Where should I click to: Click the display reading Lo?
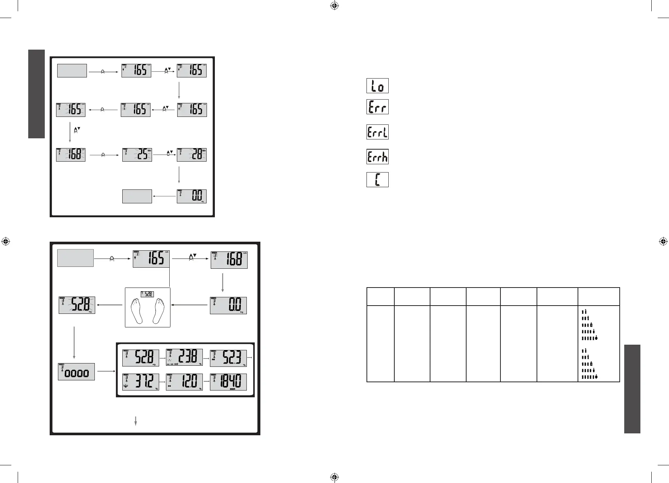coord(377,86)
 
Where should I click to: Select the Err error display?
coord(377,107)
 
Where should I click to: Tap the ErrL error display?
coord(377,132)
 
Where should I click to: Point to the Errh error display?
coord(377,156)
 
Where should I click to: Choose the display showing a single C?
coord(377,180)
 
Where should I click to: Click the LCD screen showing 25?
coord(137,155)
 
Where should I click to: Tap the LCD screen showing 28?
coord(192,155)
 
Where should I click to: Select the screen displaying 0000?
coord(76,372)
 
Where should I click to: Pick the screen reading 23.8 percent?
coord(184,358)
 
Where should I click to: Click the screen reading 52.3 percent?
coord(228,358)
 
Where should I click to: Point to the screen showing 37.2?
coord(140,382)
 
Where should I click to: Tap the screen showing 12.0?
coord(184,382)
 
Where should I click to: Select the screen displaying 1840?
coord(228,382)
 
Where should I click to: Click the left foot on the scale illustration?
coord(137,310)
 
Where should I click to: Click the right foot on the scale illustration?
coord(158,310)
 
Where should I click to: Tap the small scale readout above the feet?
coord(147,294)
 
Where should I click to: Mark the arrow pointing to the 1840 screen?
coord(206,382)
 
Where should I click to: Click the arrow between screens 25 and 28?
coord(164,154)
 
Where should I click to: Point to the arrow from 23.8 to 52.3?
coord(206,358)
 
